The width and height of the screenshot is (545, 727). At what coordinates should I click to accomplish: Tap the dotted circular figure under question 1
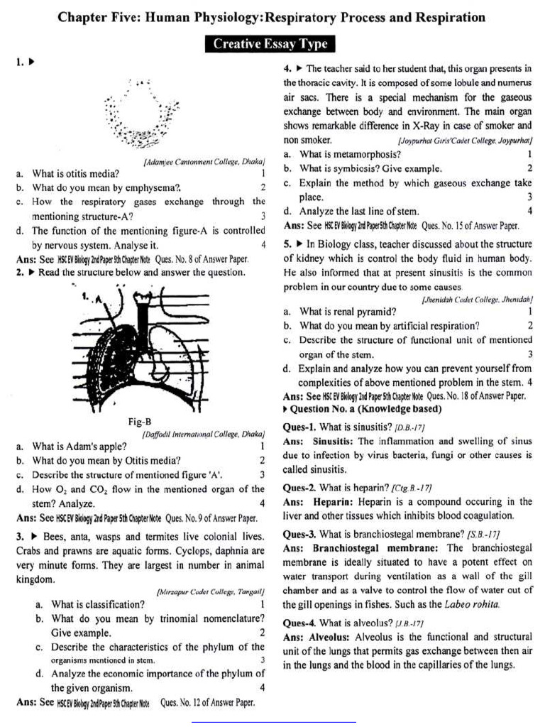tap(142, 114)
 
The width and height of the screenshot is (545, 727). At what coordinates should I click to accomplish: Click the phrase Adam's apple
tap(99, 447)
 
